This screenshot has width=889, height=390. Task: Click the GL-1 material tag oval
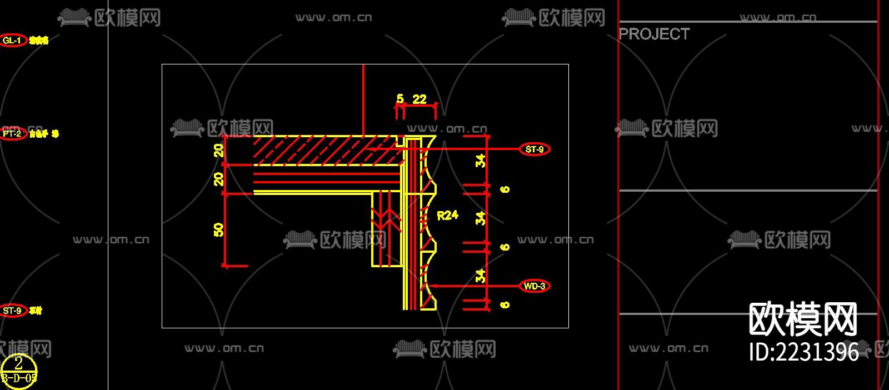pos(13,41)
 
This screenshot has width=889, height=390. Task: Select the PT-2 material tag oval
pos(13,134)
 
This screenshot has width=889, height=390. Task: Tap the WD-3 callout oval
pos(534,286)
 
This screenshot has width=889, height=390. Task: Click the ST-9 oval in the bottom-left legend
pos(13,311)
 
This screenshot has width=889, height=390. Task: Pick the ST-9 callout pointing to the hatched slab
pos(535,149)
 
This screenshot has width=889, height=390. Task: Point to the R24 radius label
pos(447,216)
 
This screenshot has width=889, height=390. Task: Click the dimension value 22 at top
pos(419,99)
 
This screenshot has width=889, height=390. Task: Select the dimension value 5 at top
pos(400,99)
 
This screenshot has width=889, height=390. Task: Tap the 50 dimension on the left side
pos(219,229)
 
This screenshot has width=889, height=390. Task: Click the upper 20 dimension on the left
pos(219,150)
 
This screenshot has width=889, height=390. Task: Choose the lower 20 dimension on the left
pos(219,179)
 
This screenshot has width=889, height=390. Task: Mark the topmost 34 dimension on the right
pos(481,161)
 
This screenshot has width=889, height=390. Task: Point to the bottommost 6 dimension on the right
pos(505,304)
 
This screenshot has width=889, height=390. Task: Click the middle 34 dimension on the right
pos(481,218)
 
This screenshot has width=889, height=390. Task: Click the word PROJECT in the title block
pos(654,34)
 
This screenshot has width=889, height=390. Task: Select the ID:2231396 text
pos(803,352)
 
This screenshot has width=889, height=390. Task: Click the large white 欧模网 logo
pos(803,319)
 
